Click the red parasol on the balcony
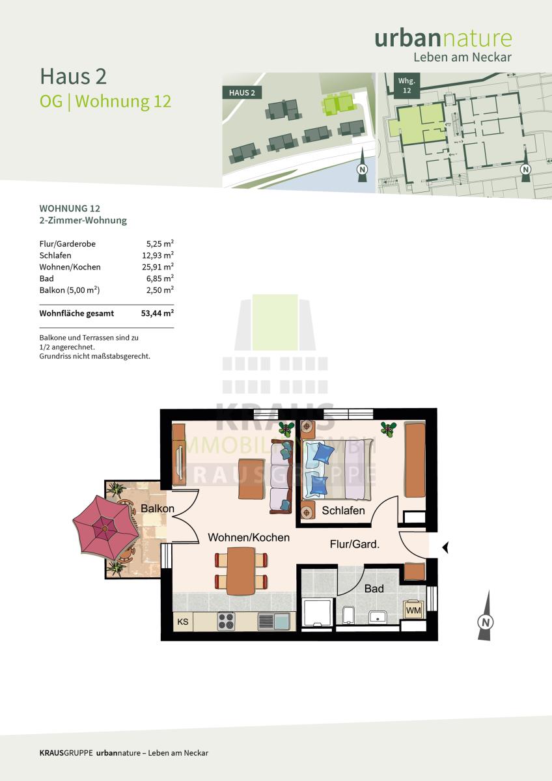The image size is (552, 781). (105, 528)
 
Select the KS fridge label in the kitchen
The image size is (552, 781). (183, 622)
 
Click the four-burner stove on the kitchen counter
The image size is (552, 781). (226, 622)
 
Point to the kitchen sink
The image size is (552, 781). (274, 622)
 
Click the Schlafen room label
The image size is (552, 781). (343, 510)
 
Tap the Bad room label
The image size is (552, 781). (374, 588)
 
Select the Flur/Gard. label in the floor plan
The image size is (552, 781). (355, 544)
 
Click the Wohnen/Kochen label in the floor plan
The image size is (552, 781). (249, 538)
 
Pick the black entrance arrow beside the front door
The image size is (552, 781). (445, 547)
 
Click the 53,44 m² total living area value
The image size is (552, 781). (158, 313)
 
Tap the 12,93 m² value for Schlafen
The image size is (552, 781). (158, 255)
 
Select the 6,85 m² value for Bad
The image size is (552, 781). (160, 279)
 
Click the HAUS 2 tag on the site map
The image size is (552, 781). (242, 92)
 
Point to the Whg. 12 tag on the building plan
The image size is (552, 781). (407, 86)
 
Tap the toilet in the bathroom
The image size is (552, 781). (348, 614)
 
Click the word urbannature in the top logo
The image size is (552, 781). (443, 38)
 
